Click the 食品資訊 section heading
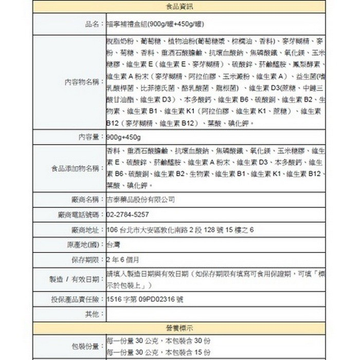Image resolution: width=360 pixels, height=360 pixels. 180,7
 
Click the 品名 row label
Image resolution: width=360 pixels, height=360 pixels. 94,24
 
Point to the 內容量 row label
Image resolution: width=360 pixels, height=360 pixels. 91,138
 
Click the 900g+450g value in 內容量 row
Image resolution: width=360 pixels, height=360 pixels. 124,138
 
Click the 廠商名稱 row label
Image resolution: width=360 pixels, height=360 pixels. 87,200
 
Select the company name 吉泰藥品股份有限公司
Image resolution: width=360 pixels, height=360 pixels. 140,200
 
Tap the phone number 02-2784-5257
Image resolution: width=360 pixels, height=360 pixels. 128,214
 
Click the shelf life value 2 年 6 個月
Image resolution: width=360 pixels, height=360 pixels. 123,259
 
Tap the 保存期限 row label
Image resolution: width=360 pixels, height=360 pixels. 87,259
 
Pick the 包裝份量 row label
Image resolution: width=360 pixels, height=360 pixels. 87,346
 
